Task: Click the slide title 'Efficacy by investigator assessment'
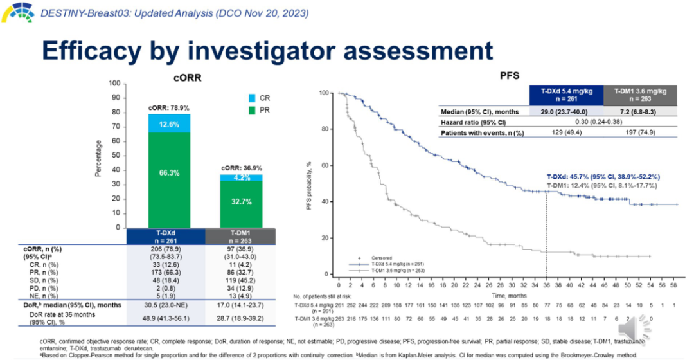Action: click(x=267, y=50)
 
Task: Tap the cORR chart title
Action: click(x=186, y=77)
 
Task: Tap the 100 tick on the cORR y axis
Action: click(x=114, y=84)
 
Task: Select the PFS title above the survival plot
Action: click(x=510, y=76)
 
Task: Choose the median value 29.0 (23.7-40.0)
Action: click(x=565, y=111)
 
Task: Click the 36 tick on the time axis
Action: click(x=546, y=284)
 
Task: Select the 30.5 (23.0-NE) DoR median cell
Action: click(x=166, y=305)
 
